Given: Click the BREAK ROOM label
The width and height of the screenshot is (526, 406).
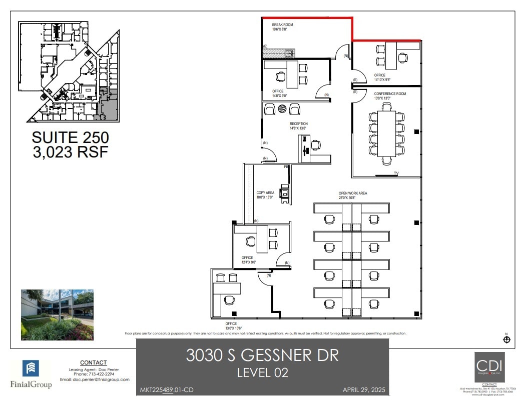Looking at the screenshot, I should point(282,24).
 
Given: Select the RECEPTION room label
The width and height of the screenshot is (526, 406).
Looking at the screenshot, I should point(299,123).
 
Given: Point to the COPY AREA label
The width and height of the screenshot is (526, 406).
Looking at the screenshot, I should point(265,192).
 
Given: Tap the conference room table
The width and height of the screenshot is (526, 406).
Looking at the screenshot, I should point(386,133).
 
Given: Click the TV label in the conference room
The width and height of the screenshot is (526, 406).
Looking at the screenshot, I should point(396,173).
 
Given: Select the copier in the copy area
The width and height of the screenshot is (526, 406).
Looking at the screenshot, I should point(285,192).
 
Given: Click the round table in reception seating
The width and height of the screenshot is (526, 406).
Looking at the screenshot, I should point(282,108).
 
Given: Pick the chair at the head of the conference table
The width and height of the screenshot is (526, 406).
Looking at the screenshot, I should point(386,161).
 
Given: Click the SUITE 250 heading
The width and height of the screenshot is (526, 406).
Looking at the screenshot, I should point(70,137).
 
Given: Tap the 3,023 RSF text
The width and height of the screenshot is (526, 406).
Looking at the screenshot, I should point(70,152).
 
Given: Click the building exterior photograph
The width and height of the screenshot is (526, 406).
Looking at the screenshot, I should point(57,314).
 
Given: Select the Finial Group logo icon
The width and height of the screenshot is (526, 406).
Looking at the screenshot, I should point(31,369).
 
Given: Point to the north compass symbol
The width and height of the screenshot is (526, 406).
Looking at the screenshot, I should point(506,340).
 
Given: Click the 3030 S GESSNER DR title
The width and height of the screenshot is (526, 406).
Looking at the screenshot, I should point(262,355).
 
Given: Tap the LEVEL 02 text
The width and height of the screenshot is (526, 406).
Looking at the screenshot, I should point(262,372).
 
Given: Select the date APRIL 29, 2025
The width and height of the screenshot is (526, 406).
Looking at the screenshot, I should point(364,390).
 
